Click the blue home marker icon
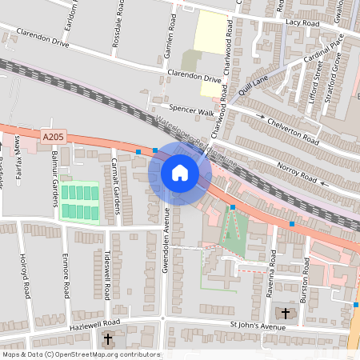click(180, 173)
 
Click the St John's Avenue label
click(258, 326)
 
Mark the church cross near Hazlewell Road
click(109, 338)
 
